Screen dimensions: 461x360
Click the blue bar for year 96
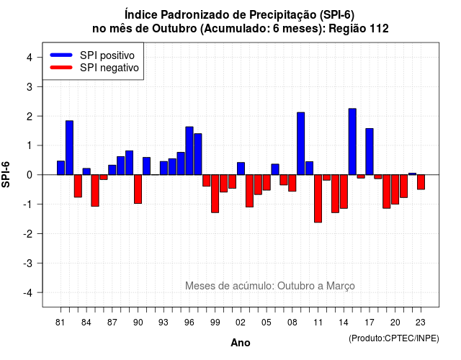pos(189,150)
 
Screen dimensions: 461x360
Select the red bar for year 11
pos(318,199)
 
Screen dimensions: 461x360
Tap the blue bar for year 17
pos(370,152)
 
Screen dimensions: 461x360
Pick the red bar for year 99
pos(215,194)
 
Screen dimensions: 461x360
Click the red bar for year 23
pos(421,182)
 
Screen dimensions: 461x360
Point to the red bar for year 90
pos(138,189)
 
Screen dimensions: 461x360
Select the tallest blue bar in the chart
pos(352,142)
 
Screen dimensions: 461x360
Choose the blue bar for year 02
pos(241,168)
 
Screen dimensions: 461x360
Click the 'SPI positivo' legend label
pos(107,55)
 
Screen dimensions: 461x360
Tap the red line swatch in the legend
pos(61,68)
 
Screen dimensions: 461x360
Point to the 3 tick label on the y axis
pos(30,86)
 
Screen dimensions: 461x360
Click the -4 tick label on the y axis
pos(28,293)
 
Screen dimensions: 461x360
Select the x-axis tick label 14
pos(344,323)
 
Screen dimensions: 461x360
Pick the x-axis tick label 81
pos(60,323)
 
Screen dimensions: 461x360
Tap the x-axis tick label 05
pos(266,323)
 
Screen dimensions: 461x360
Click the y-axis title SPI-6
pos(6,174)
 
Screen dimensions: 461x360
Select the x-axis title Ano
pos(241,343)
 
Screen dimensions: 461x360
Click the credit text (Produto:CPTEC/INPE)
pos(394,338)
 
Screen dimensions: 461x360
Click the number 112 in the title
pos(380,29)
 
